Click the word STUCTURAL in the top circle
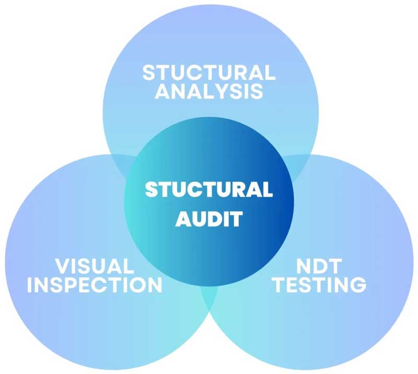pyautogui.click(x=208, y=72)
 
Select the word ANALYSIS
pyautogui.click(x=208, y=91)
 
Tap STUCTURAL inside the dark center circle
pyautogui.click(x=208, y=189)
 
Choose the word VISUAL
pyautogui.click(x=95, y=266)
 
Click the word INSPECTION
pyautogui.click(x=95, y=285)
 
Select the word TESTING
pyautogui.click(x=320, y=285)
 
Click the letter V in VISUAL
pyautogui.click(x=62, y=266)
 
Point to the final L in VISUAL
pyautogui.click(x=128, y=266)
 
